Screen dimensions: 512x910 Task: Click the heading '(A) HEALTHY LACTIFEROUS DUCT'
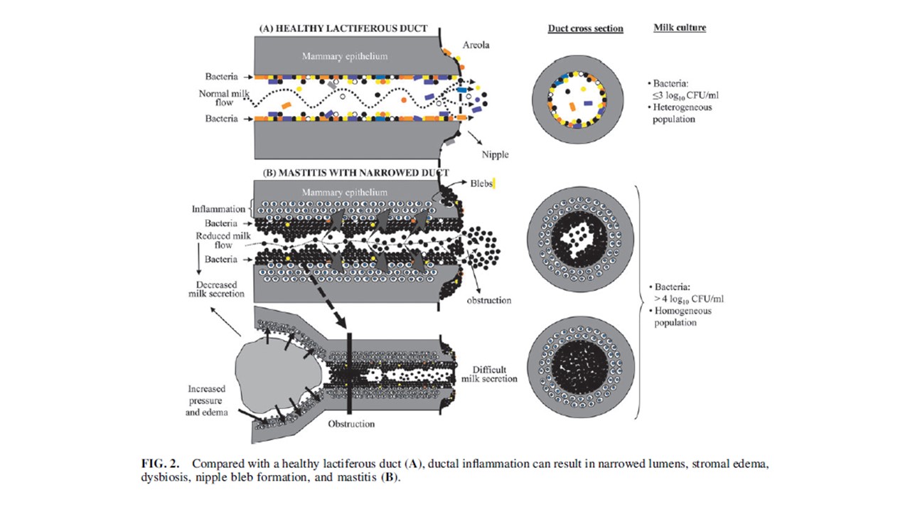pyautogui.click(x=343, y=28)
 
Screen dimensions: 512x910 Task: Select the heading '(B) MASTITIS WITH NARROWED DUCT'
pyautogui.click(x=355, y=173)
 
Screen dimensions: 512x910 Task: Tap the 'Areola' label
pyautogui.click(x=476, y=45)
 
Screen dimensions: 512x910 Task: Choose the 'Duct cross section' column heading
pyautogui.click(x=585, y=28)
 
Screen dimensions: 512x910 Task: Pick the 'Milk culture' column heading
pyautogui.click(x=679, y=28)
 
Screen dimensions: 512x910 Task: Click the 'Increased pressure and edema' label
pyautogui.click(x=206, y=400)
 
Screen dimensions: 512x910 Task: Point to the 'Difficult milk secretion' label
pyautogui.click(x=495, y=374)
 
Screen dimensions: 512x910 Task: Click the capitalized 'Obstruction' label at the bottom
pyautogui.click(x=350, y=424)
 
